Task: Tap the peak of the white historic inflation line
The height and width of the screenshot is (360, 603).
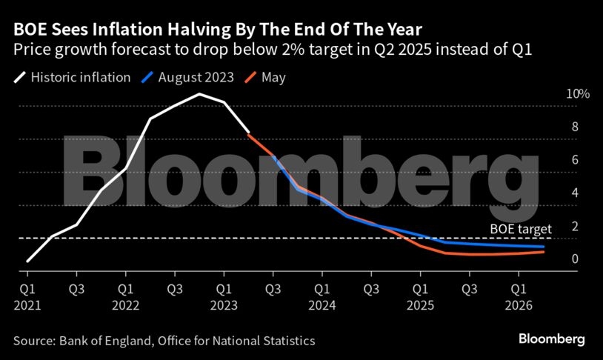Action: (x=199, y=94)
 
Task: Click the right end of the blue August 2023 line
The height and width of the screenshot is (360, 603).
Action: (x=544, y=247)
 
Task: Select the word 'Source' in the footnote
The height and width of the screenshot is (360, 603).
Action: (x=33, y=341)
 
